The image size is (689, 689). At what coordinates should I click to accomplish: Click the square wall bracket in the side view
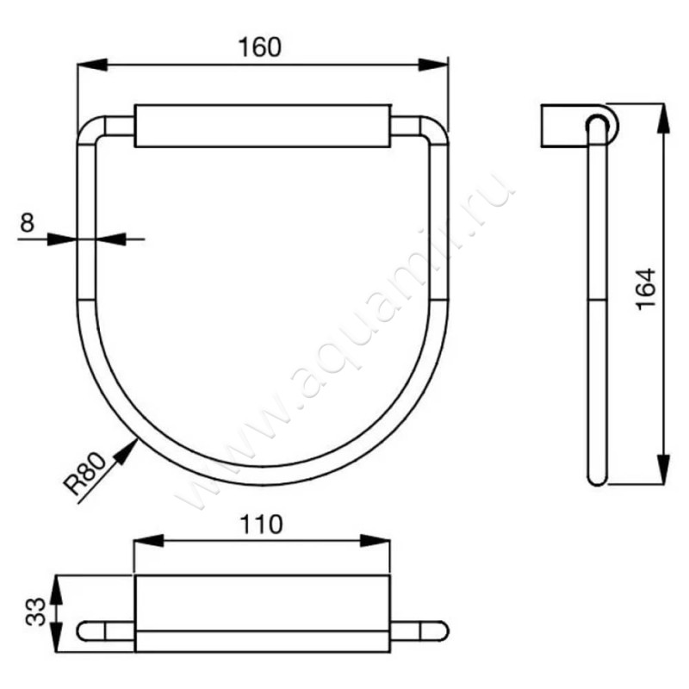click(561, 126)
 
